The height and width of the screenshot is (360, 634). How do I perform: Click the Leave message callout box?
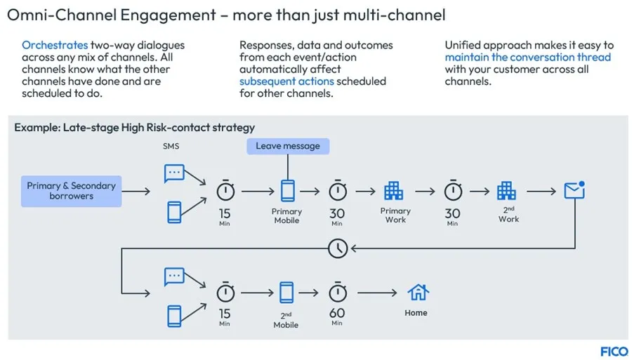pyautogui.click(x=287, y=146)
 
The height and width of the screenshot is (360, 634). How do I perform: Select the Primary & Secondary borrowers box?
pyautogui.click(x=71, y=191)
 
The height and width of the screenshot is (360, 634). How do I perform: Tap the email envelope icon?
pyautogui.click(x=574, y=190)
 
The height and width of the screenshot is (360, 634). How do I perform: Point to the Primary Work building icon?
pyautogui.click(x=394, y=190)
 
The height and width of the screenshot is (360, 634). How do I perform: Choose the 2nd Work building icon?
pyautogui.click(x=506, y=190)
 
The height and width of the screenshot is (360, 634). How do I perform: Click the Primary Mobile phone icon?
pyautogui.click(x=287, y=190)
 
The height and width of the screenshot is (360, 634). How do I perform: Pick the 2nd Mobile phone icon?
pyautogui.click(x=286, y=293)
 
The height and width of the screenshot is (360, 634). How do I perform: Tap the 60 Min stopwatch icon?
pyautogui.click(x=338, y=292)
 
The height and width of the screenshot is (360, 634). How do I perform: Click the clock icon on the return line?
pyautogui.click(x=338, y=247)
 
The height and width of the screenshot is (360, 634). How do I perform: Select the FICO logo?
pyautogui.click(x=614, y=352)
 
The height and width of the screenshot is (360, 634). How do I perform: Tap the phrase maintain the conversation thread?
pyautogui.click(x=527, y=58)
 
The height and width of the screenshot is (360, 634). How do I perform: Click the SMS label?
pyautogui.click(x=171, y=146)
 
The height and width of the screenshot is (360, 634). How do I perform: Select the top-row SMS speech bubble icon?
pyautogui.click(x=174, y=173)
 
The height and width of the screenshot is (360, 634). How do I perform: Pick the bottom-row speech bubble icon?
pyautogui.click(x=174, y=276)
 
